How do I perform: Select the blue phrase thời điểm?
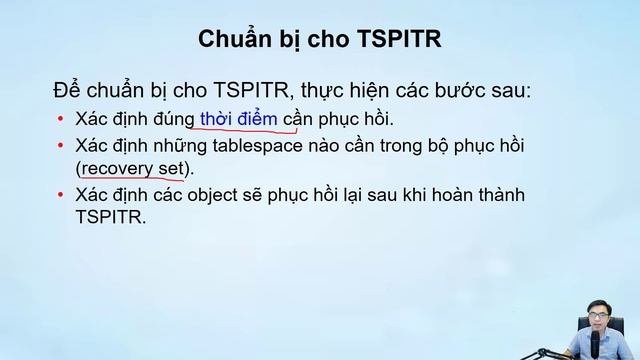tap(239, 119)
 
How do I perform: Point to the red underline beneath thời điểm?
tap(240, 131)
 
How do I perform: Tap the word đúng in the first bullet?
tap(172, 119)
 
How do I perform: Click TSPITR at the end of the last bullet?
tap(110, 214)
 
